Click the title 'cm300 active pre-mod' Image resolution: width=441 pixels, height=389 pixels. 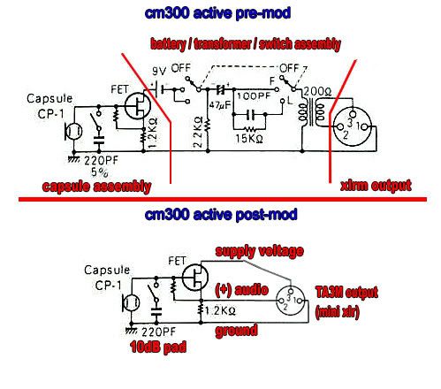pos(217,13)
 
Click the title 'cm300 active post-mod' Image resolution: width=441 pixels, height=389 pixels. pos(221,215)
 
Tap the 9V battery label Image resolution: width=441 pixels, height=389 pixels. pos(159,71)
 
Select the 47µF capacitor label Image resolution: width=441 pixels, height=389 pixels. pos(220,105)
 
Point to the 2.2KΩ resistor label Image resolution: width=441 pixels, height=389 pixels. pos(198,132)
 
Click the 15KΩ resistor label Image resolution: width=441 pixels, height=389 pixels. pos(249,139)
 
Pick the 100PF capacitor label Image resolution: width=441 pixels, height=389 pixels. pos(254,95)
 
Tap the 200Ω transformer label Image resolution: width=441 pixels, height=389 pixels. pos(317,91)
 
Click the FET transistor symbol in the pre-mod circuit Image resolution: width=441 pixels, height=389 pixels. pos(138,105)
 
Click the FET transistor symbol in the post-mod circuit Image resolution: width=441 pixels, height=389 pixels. pos(195,277)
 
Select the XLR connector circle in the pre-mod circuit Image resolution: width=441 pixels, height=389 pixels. pos(353,126)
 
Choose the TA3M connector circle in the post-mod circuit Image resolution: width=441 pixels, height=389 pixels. pos(290,300)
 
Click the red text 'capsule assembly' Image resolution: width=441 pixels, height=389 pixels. pos(96,187)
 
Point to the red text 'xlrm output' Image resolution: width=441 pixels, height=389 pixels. pos(376,186)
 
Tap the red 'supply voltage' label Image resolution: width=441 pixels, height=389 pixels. pos(260,251)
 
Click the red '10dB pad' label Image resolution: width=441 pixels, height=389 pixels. pos(158,347)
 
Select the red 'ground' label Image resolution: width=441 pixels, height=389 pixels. pos(236,331)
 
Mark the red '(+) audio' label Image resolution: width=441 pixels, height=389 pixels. pos(242,290)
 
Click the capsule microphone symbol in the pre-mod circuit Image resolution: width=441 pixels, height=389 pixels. pos(73,131)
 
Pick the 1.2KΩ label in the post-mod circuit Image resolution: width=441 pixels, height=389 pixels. pos(220,310)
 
